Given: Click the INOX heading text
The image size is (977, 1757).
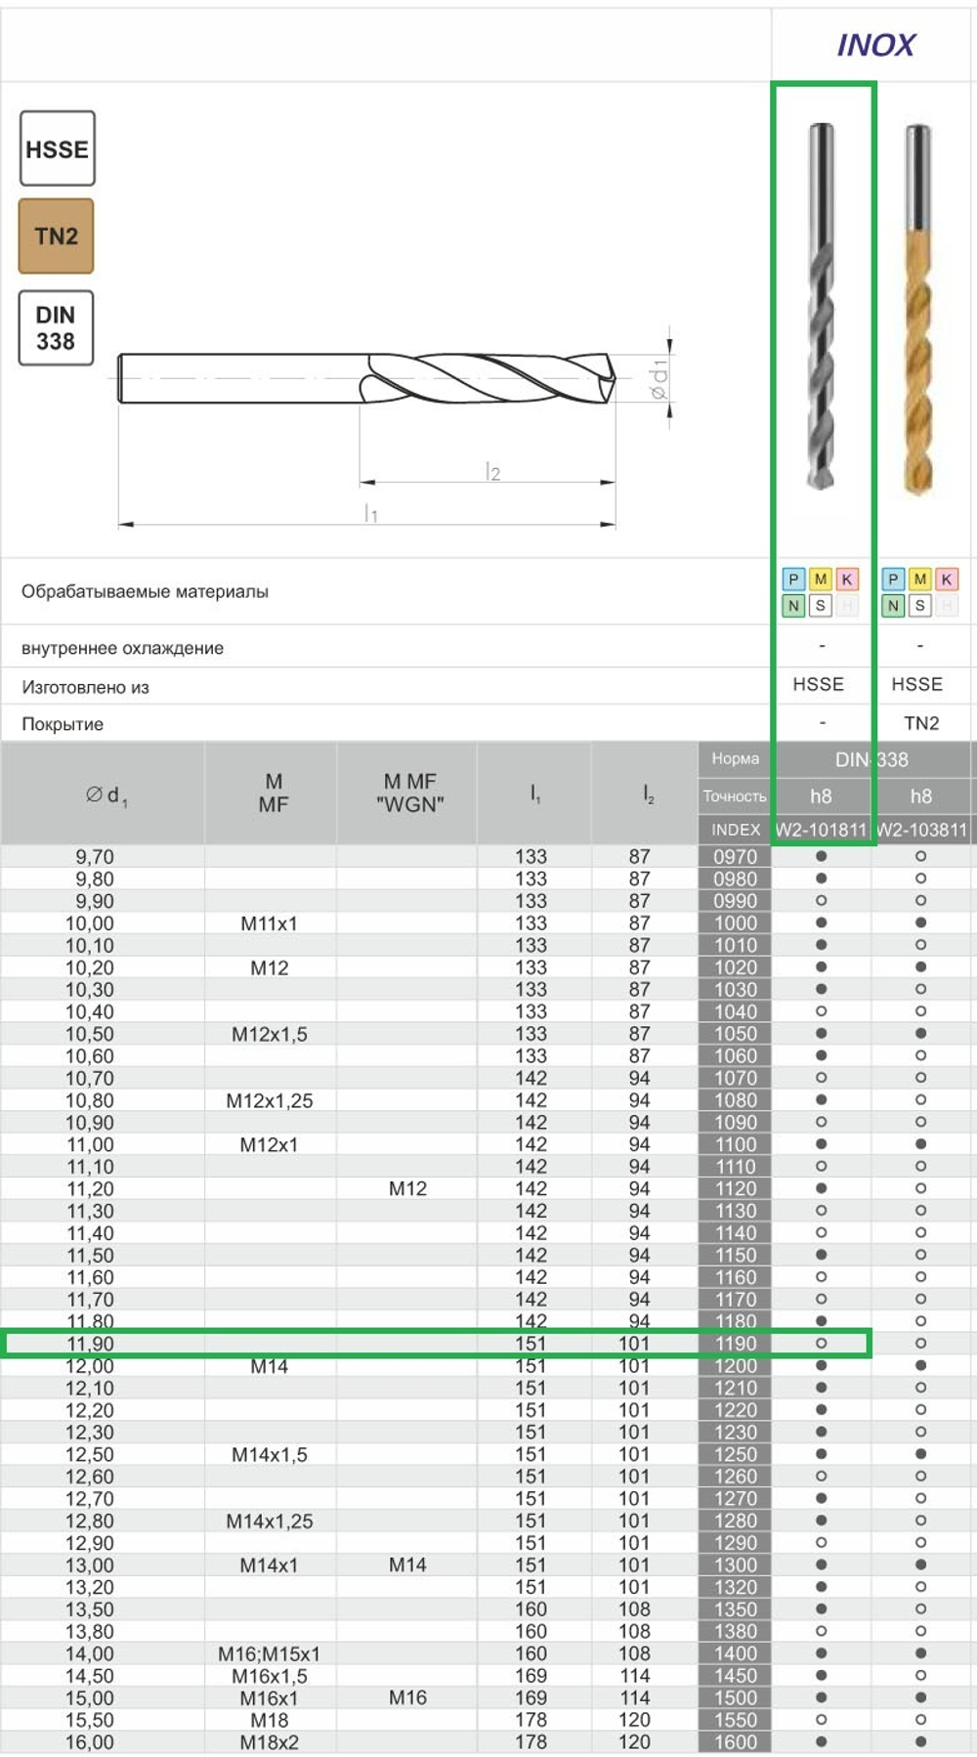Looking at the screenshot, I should click(875, 45).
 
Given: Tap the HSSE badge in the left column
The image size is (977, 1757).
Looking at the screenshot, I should click(57, 150).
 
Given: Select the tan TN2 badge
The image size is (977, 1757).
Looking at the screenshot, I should click(56, 236).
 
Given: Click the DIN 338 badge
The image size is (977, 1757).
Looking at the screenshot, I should click(56, 328).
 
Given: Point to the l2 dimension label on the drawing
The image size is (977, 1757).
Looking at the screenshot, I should click(492, 473).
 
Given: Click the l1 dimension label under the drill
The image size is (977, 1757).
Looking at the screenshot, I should click(370, 513).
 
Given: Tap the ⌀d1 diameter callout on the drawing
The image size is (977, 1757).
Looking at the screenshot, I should click(659, 379).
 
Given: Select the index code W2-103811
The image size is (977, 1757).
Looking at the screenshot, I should click(922, 830).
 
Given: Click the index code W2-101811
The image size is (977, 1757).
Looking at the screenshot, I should click(821, 830).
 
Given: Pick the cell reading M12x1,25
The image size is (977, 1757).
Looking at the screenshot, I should click(270, 1100).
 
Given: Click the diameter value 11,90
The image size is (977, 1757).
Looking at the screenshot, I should click(90, 1344).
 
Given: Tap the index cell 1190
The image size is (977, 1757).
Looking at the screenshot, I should click(735, 1344).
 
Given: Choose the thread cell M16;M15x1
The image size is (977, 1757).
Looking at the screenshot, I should click(270, 1653).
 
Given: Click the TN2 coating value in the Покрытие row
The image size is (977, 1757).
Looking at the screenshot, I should click(920, 723).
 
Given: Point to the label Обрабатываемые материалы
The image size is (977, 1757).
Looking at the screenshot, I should click(145, 591).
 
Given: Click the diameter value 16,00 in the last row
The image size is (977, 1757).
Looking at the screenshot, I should click(90, 1742).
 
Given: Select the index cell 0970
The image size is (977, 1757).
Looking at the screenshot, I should click(735, 857).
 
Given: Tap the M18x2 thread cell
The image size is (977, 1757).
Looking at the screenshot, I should click(270, 1742).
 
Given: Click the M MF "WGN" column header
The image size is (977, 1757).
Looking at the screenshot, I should click(409, 793).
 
